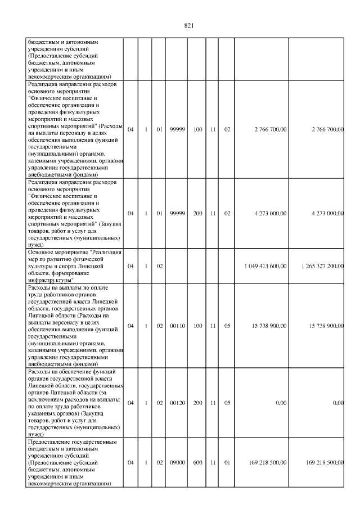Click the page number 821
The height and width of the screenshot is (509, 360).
coord(188,25)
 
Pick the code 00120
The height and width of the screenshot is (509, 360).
coord(177,403)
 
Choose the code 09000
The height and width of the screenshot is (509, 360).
coord(177,462)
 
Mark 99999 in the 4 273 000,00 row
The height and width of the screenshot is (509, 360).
coord(177,214)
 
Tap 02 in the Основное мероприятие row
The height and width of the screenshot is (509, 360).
coord(159,266)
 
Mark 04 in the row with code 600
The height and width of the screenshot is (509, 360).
coord(130,462)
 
